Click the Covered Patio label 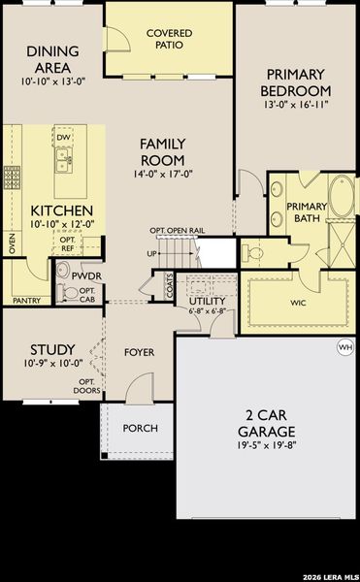(169, 39)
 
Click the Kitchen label (61, 210)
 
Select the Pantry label (26, 301)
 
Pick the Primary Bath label (307, 212)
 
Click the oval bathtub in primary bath (342, 197)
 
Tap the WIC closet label (297, 302)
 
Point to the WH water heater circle (344, 347)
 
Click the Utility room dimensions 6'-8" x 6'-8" (207, 311)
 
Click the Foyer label (140, 352)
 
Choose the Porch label (139, 428)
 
